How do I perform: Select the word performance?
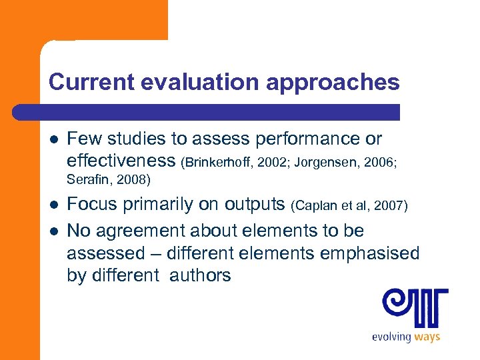point(308,139)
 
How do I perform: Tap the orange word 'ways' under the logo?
point(427,337)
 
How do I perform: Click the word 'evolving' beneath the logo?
point(391,337)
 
